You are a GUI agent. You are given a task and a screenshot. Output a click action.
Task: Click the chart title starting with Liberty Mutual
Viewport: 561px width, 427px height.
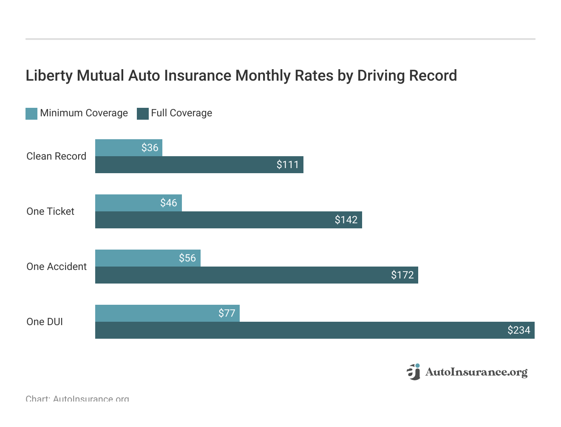coord(241,76)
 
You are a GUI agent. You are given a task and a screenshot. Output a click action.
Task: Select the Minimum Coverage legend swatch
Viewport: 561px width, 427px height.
coord(31,113)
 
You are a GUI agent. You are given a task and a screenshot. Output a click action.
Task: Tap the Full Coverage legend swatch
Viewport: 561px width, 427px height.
coord(143,113)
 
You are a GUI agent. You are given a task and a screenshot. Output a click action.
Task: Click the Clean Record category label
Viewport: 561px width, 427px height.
coord(56,156)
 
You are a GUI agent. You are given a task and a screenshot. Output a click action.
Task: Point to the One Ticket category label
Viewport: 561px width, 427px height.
coord(50,211)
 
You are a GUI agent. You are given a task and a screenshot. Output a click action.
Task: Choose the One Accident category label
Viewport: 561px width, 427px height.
coord(57,267)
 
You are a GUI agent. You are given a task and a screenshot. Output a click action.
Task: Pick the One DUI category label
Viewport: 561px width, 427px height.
coord(45,322)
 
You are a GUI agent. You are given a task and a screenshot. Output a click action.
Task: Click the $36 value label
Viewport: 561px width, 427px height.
coord(150,148)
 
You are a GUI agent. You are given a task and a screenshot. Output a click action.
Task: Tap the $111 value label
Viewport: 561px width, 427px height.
coord(288,165)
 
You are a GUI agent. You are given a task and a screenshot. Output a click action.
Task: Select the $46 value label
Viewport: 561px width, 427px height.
coord(168,203)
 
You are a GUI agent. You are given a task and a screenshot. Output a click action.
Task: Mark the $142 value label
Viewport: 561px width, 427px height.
coord(346,220)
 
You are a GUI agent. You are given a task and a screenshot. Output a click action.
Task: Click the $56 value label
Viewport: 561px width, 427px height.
coord(187,258)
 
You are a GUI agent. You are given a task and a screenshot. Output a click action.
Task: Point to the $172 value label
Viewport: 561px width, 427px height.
coord(402,275)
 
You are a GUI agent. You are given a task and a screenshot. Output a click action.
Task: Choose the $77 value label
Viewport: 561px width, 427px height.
coord(227,313)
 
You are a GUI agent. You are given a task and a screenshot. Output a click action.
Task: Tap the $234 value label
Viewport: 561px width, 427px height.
coord(518,330)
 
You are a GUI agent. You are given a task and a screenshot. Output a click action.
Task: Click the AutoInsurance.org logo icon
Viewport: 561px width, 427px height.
coord(414,372)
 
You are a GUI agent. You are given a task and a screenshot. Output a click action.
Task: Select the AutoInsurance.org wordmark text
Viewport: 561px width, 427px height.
coord(476,372)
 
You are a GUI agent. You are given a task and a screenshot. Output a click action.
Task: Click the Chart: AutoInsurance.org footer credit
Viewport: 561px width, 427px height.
coord(77,399)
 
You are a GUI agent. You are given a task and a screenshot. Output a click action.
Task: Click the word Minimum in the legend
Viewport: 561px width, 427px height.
coord(61,113)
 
